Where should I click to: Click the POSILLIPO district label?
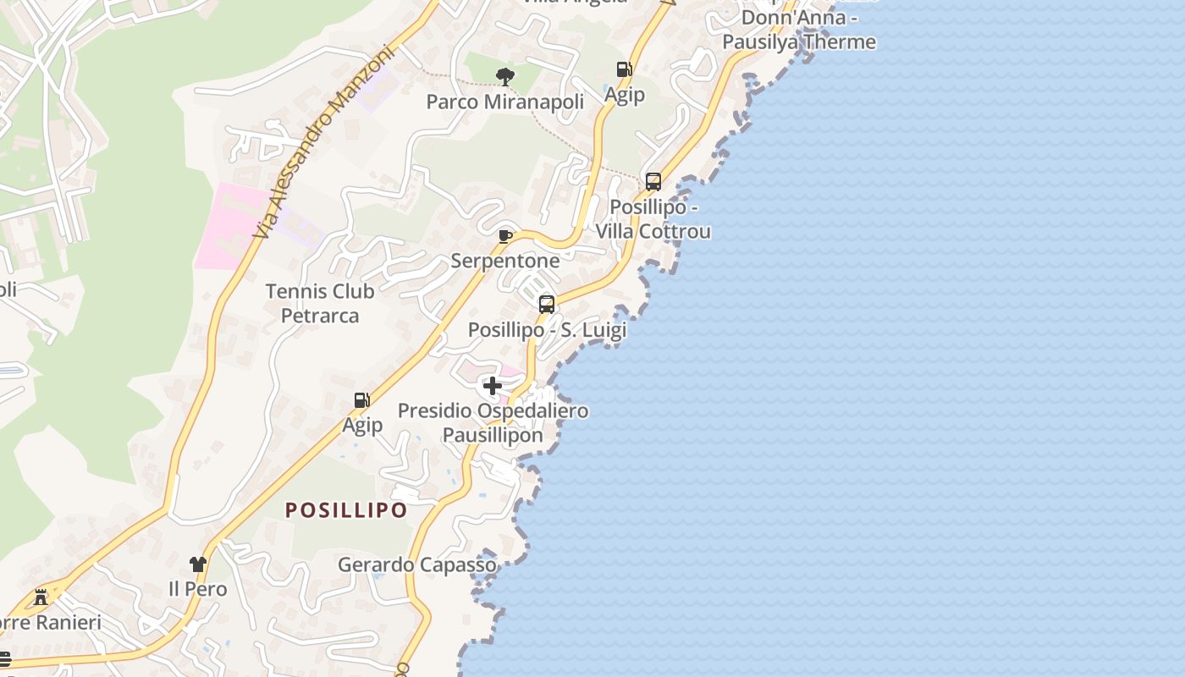346,510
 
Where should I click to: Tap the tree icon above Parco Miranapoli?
505,77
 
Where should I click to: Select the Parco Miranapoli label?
505,102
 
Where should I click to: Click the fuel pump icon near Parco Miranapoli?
624,69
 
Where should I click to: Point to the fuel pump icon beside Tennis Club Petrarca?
361,400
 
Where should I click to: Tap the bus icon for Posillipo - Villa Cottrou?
653,181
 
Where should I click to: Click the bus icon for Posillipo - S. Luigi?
547,304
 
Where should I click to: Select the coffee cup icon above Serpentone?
505,236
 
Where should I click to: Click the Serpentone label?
505,261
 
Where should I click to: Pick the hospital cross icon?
493,386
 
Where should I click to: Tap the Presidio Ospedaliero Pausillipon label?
493,423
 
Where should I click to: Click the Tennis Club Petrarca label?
320,303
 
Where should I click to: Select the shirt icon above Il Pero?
198,564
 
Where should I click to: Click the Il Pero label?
198,589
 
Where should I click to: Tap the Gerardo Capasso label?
417,564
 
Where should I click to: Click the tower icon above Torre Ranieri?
41,597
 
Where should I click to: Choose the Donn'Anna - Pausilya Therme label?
800,30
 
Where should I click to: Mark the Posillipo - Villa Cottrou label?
653,219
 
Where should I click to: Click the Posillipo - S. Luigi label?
548,330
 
